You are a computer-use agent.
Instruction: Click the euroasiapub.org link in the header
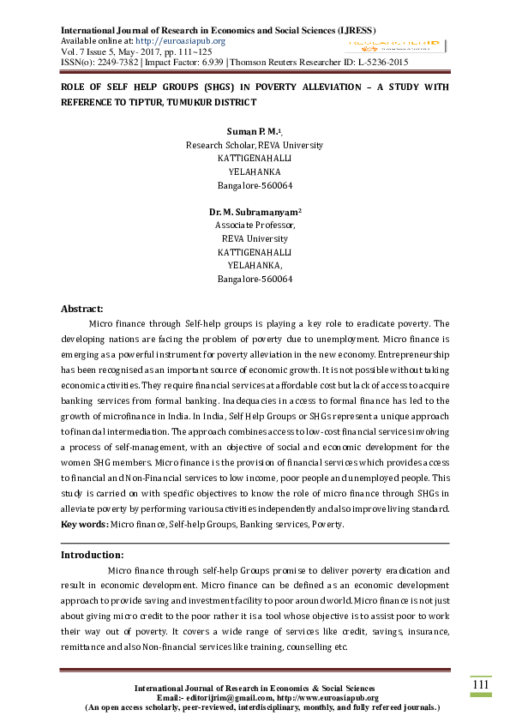tap(182, 40)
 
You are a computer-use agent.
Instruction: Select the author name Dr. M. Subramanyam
tap(253, 210)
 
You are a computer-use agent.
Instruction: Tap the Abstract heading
tap(81, 309)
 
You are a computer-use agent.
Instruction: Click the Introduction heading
tap(93, 555)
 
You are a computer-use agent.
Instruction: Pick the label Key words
tap(84, 524)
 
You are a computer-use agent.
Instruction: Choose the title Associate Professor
tap(255, 226)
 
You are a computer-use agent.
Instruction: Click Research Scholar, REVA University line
tap(255, 146)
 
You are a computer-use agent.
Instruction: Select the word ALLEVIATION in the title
tap(330, 87)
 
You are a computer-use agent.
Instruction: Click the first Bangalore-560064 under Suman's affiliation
tap(255, 185)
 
